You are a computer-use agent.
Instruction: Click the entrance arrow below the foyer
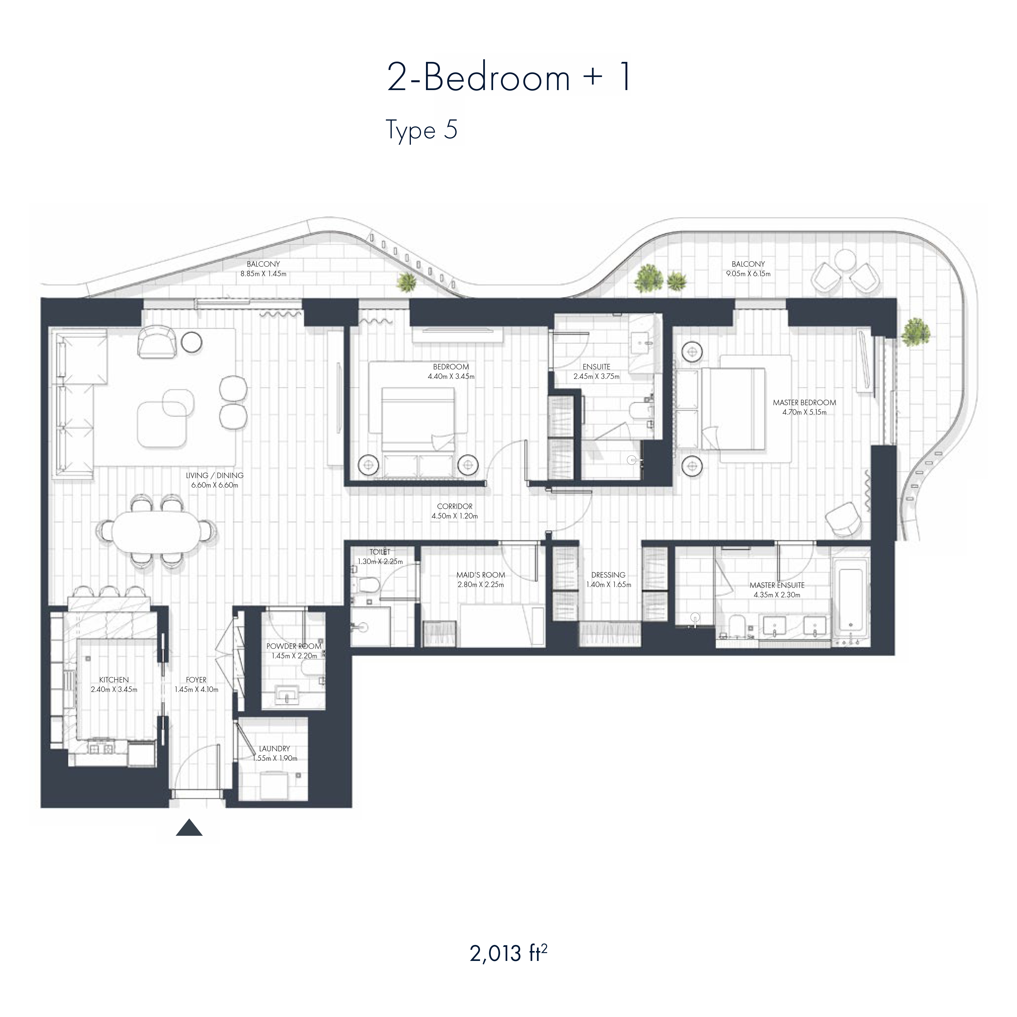189,828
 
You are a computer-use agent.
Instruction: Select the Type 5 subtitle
422,130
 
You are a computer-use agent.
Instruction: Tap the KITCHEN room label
114,680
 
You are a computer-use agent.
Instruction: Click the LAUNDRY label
274,749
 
